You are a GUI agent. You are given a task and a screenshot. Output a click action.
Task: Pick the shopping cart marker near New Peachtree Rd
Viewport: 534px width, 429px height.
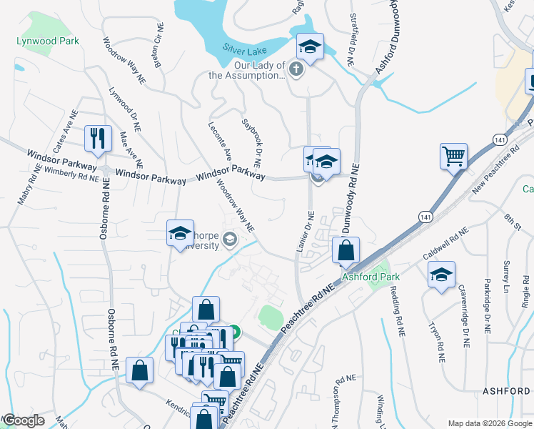[x=454, y=154]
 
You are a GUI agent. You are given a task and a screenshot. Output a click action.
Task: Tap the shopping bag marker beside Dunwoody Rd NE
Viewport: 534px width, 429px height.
[x=346, y=250]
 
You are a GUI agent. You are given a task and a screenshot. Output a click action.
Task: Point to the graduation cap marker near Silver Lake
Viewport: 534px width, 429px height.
[x=310, y=46]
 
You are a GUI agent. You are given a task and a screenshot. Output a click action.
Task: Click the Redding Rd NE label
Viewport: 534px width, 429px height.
[x=397, y=311]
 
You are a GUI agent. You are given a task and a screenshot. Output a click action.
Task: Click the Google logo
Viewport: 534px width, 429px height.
[x=24, y=420]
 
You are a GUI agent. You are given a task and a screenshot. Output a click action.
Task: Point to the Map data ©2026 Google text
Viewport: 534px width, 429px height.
[x=488, y=423]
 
